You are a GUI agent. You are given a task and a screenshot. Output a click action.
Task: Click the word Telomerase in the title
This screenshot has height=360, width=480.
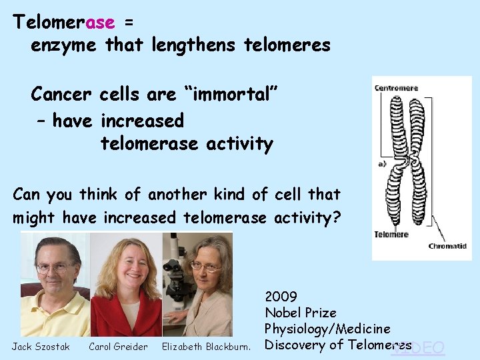[x=64, y=22]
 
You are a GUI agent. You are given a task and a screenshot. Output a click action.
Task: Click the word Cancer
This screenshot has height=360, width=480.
[x=63, y=95]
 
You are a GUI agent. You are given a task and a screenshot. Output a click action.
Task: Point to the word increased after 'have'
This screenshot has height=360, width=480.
[x=142, y=121]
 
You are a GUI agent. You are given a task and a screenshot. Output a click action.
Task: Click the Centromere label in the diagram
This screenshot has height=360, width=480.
[x=396, y=88]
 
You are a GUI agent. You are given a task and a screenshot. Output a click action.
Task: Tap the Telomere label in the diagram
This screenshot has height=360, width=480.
[x=391, y=235]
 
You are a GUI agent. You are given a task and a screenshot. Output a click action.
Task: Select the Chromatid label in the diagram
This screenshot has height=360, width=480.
[x=447, y=247]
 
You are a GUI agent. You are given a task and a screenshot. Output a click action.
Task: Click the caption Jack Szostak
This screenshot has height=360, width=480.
[x=41, y=347]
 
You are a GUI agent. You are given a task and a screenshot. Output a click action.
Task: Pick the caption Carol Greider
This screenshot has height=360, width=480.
[x=118, y=347]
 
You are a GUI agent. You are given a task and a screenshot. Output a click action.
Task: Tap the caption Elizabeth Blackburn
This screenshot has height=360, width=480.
[x=206, y=347]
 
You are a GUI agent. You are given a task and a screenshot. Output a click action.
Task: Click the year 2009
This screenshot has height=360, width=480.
[x=281, y=296]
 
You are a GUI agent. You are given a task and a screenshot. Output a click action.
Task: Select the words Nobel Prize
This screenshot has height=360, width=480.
[x=301, y=313]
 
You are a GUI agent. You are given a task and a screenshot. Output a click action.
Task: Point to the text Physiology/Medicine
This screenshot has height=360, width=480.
[x=327, y=329]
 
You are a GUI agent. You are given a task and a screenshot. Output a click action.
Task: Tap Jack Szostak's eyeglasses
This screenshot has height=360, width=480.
[x=55, y=267]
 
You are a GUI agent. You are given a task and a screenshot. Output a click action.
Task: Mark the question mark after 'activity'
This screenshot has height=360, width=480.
[x=335, y=218]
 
